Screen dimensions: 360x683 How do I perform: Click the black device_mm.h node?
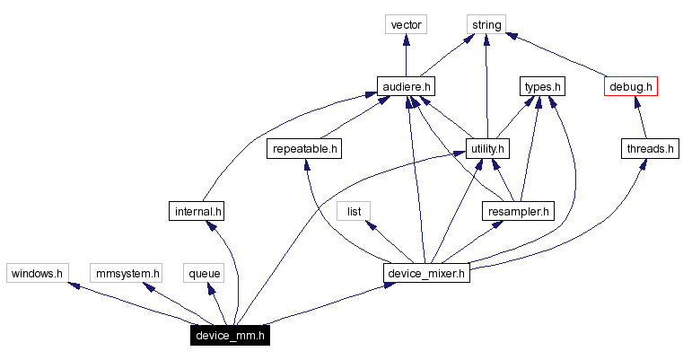point(230,336)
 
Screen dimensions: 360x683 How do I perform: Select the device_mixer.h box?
point(427,272)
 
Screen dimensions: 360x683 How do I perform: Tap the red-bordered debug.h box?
point(632,86)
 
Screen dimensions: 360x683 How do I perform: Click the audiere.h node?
point(406,86)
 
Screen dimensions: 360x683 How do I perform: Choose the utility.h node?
point(487,148)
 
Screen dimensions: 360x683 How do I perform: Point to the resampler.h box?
point(518,211)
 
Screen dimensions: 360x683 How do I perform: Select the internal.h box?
point(196,211)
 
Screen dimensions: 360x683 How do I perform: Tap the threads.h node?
point(648,148)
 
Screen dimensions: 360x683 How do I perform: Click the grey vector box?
point(406,24)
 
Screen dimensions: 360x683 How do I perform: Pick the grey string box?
point(486,24)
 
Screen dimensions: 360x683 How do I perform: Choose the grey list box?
point(354,211)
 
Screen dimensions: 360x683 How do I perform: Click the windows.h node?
point(36,272)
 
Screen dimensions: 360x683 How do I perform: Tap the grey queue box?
point(205,272)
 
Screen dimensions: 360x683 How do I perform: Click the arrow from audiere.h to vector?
point(406,56)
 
